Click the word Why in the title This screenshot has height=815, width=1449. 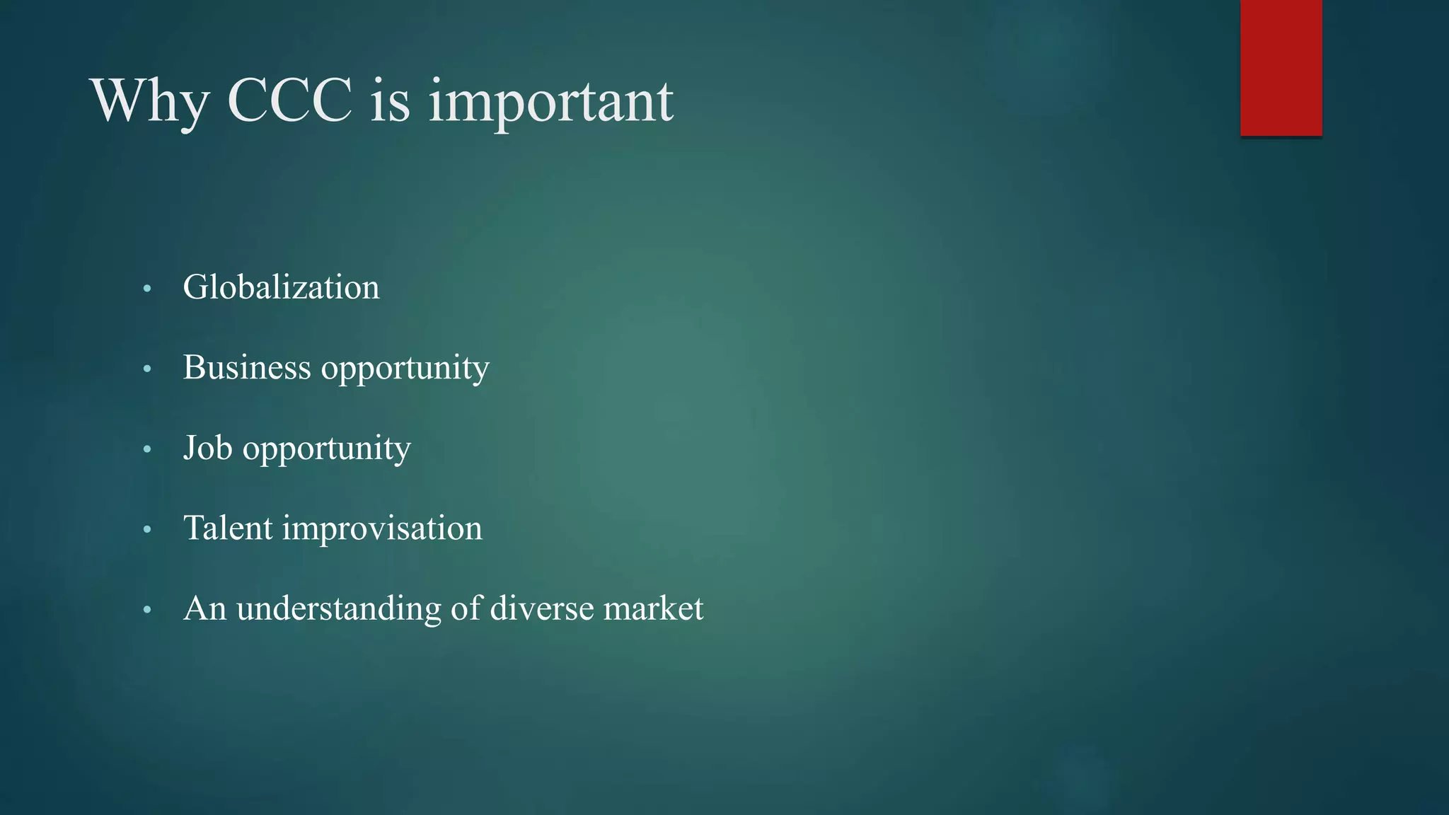tap(149, 101)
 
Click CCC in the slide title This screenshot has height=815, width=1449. tap(289, 101)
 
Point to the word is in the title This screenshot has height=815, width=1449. tap(390, 101)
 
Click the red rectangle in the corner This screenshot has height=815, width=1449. tap(1281, 67)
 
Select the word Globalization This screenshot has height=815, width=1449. tap(281, 287)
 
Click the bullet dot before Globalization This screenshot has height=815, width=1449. tap(147, 289)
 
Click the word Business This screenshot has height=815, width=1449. tap(247, 368)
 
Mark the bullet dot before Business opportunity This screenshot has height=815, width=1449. tap(147, 369)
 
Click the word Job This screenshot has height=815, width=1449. tap(207, 448)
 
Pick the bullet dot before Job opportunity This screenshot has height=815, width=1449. tap(147, 449)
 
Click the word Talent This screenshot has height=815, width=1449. tap(228, 528)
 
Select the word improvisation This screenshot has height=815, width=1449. tap(382, 528)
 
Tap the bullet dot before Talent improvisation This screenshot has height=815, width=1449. tap(147, 530)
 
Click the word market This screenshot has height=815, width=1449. tap(653, 608)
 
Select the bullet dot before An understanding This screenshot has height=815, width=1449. tap(147, 610)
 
